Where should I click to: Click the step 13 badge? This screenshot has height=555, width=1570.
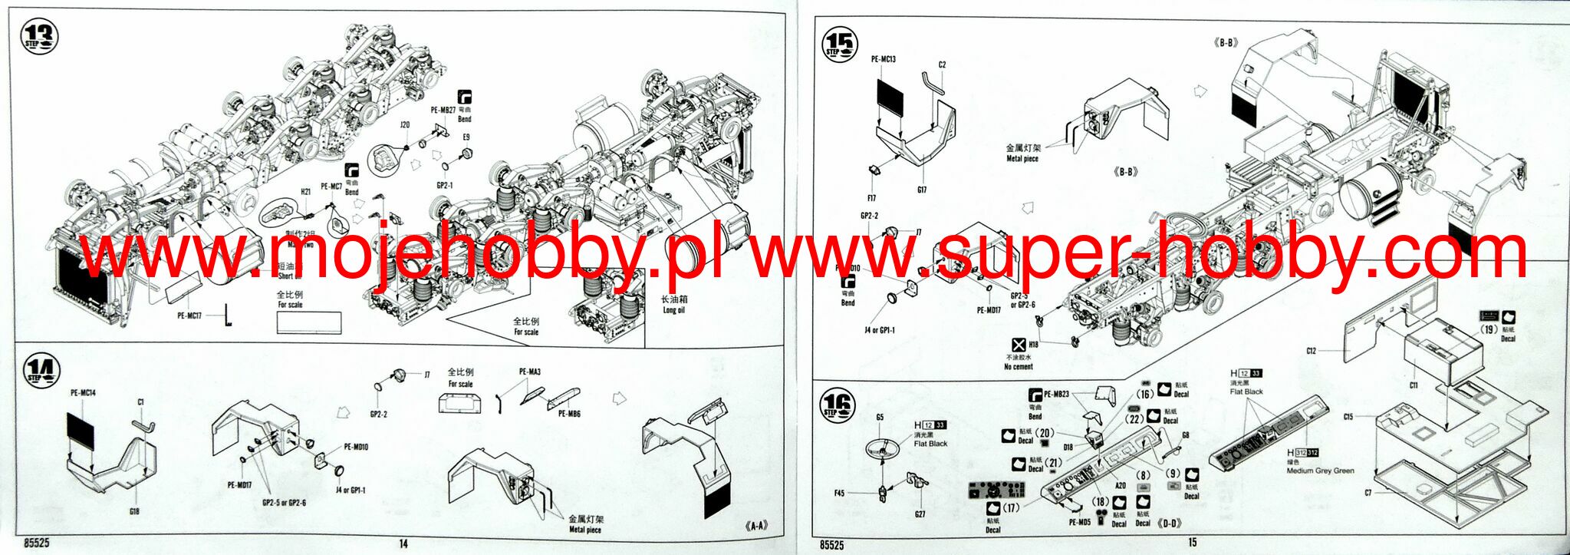click(40, 37)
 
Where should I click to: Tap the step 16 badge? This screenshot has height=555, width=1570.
click(838, 405)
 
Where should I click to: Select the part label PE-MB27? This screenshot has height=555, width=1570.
click(443, 110)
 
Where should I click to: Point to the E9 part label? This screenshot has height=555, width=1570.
click(466, 137)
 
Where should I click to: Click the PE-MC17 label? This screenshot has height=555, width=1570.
click(189, 315)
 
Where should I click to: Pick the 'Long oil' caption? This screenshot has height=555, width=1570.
click(673, 305)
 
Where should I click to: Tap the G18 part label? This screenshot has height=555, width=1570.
click(134, 511)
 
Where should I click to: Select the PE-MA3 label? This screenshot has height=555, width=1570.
click(530, 372)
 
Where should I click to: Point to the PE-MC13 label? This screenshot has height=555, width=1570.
click(884, 59)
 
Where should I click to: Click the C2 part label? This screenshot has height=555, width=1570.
click(942, 65)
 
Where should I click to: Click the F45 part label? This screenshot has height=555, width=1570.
click(839, 493)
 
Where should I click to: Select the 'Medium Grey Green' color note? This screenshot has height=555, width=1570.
click(1320, 471)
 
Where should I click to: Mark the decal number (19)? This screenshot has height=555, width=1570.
click(1489, 329)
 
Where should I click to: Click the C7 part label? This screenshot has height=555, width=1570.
click(1368, 493)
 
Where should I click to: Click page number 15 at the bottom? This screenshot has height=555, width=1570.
click(1192, 542)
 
